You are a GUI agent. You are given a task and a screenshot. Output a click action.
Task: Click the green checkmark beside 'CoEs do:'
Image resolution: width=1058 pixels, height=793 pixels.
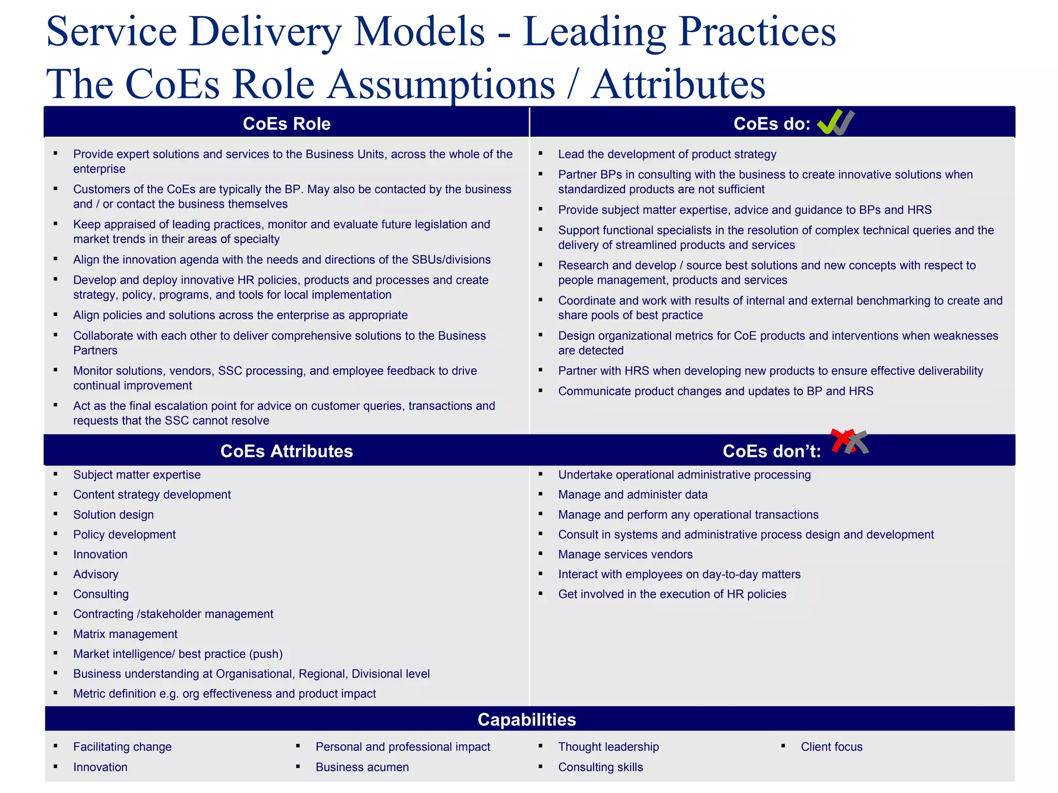(x=829, y=123)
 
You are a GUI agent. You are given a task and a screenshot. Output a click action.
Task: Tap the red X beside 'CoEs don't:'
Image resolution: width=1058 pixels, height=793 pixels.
(x=841, y=440)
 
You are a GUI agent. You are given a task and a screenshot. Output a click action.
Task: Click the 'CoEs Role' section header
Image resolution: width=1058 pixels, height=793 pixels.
(x=286, y=124)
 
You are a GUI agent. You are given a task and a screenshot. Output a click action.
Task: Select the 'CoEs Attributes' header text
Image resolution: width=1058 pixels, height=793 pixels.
(x=286, y=451)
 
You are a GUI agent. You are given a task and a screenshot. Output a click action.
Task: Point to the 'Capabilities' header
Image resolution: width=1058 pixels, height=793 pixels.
(x=526, y=720)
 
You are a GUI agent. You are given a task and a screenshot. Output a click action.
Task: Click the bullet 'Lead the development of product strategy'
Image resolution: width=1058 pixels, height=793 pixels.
(x=667, y=154)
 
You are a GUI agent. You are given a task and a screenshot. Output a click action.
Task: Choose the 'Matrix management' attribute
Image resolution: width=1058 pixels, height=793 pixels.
(x=125, y=634)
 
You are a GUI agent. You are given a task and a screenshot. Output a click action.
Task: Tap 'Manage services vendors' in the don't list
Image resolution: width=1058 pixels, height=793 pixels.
(x=625, y=554)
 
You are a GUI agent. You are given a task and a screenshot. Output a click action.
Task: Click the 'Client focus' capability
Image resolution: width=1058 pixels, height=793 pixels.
(x=831, y=747)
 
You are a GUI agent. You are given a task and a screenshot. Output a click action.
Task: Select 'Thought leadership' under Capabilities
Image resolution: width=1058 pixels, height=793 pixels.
(x=608, y=747)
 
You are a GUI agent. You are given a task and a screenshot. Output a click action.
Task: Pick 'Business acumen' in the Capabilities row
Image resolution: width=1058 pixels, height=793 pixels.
(x=362, y=767)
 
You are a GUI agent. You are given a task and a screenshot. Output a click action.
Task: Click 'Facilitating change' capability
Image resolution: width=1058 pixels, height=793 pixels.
(x=122, y=747)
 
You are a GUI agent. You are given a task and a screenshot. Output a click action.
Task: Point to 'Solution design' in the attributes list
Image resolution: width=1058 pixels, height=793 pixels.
(x=113, y=515)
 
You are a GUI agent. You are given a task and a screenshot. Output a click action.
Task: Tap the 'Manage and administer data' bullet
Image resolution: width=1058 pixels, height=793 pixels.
(x=632, y=495)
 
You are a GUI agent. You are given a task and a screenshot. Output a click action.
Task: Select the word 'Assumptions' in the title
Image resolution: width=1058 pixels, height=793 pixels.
(x=442, y=84)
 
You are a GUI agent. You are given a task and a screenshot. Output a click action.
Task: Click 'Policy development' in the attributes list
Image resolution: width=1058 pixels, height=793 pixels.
(x=124, y=535)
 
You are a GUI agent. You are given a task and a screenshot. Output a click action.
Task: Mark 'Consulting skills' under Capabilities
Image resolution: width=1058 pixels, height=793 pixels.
(x=600, y=767)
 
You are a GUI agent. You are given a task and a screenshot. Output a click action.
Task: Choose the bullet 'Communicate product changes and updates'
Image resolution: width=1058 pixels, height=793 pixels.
(x=715, y=391)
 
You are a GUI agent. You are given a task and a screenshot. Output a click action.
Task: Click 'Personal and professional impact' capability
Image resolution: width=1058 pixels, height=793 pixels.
(x=402, y=747)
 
